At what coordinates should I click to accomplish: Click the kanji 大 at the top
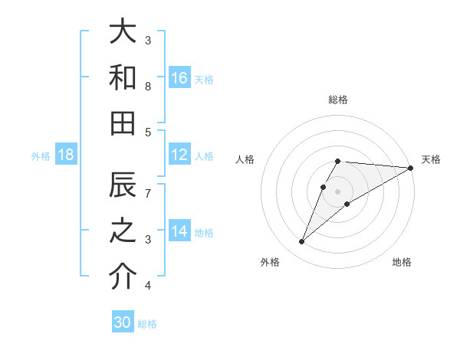(x=123, y=33)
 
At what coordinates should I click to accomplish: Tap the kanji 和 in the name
(x=123, y=78)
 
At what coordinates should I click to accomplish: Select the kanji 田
(x=123, y=123)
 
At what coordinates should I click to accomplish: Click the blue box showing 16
(x=179, y=78)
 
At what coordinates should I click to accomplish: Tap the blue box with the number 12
(x=179, y=155)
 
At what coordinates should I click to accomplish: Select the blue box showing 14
(x=179, y=232)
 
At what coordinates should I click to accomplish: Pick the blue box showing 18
(x=66, y=155)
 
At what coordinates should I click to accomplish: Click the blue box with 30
(x=123, y=322)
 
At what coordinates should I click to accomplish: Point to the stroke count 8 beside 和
(x=148, y=87)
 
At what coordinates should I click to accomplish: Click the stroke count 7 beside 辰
(x=148, y=195)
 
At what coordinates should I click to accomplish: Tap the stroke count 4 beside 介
(x=148, y=286)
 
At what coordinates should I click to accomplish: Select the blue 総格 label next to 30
(x=147, y=324)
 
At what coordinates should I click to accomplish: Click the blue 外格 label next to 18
(x=41, y=156)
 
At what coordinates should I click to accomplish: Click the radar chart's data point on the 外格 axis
(x=302, y=242)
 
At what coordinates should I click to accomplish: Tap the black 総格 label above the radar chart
(x=338, y=100)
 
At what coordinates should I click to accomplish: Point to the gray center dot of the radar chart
(x=338, y=191)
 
